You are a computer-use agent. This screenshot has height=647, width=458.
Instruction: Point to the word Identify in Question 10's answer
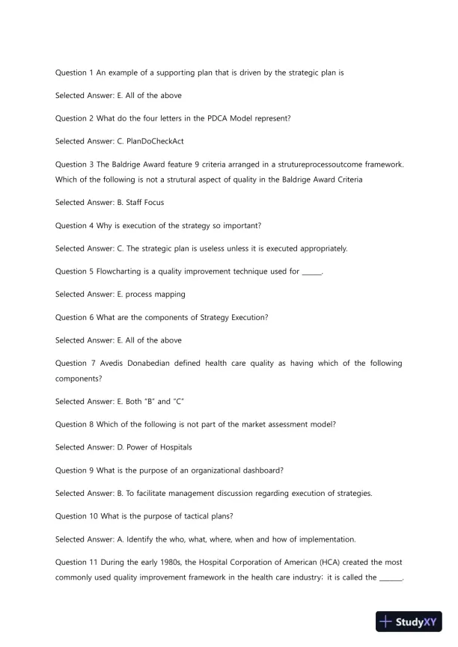[142, 539]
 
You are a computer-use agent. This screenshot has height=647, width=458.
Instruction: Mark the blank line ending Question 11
[391, 578]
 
